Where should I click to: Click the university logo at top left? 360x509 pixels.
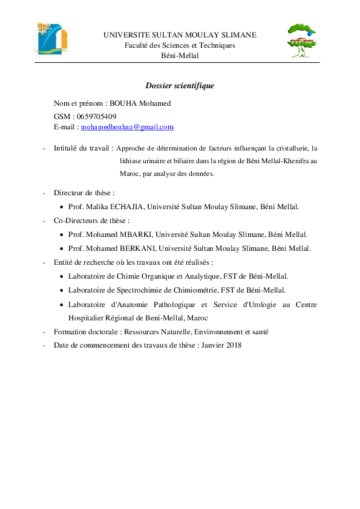pos(51,38)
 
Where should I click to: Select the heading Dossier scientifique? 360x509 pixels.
pos(180,86)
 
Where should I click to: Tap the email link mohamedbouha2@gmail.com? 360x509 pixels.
pos(127,127)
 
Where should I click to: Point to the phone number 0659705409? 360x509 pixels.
pos(97,117)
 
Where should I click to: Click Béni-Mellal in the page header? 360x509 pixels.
pos(180,56)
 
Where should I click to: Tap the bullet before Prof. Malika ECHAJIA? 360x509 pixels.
pos(62,207)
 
